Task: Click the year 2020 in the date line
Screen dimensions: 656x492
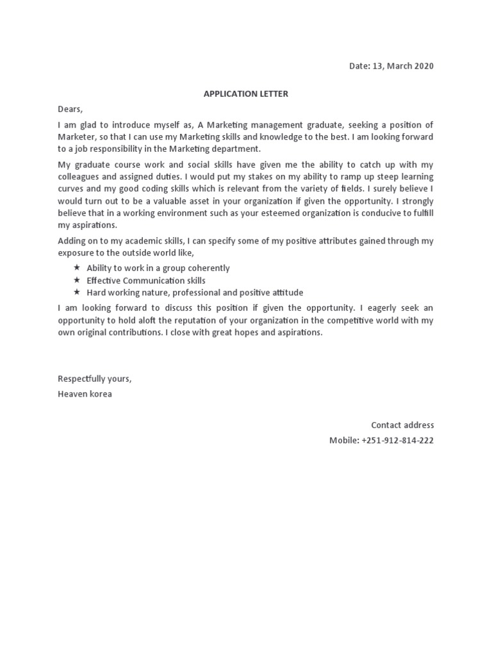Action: (423, 67)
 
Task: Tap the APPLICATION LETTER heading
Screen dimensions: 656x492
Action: (246, 94)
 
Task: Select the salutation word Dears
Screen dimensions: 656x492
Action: (70, 110)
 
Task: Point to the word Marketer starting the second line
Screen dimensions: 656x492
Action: (75, 136)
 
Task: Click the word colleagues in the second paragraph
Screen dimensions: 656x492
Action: (79, 176)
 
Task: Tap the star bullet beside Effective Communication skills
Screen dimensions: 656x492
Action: (77, 281)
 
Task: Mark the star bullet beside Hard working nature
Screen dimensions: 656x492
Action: (77, 293)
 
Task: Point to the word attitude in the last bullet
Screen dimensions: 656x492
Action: (284, 293)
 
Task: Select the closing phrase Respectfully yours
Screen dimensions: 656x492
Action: (95, 379)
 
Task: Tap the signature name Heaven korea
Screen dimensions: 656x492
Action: (85, 394)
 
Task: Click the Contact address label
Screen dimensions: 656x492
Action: (402, 425)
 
